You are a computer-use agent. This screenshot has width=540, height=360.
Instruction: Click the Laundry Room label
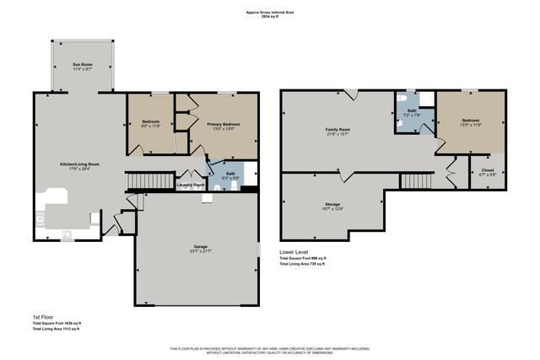coord(191,184)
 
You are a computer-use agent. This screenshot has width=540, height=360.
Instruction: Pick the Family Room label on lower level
coord(338,129)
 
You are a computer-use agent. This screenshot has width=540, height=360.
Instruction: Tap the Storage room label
coord(332,206)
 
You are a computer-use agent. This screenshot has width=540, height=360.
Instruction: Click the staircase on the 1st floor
coord(143,181)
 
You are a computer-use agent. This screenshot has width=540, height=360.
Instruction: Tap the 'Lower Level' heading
coord(294,251)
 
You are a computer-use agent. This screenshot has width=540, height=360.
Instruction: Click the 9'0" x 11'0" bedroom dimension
coord(150,126)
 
